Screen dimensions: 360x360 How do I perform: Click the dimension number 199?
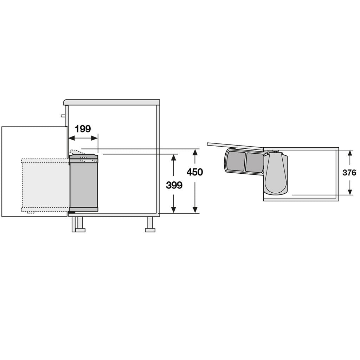83,129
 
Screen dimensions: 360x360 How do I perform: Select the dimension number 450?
195,172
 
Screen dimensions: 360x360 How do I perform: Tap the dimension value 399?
174,185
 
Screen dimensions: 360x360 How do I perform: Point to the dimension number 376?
349,172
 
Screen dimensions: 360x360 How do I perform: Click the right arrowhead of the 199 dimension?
95,138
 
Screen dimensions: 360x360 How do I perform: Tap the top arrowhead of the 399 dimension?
174,157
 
